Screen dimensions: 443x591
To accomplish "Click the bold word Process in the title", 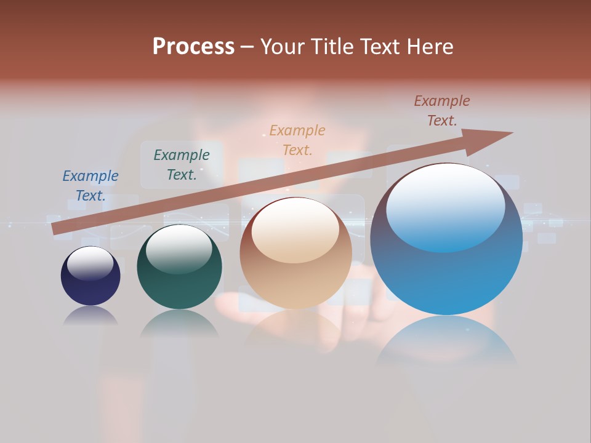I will (193, 47).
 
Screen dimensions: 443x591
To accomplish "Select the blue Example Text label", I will (90, 186).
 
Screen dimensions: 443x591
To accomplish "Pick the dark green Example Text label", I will (182, 165).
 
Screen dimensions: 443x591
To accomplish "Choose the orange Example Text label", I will (297, 140).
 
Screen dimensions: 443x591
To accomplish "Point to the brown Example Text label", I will (442, 111).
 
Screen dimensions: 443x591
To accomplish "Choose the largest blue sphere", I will (446, 277).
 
